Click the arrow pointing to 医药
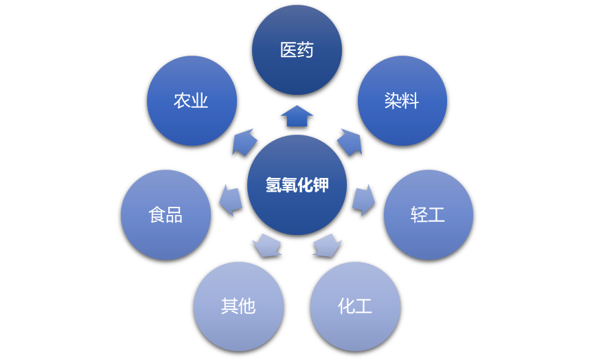[x=297, y=116]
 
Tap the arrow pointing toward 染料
[x=350, y=142]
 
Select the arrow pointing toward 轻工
[x=363, y=199]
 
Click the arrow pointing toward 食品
[x=231, y=199]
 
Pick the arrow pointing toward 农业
[x=244, y=142]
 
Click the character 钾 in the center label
[x=321, y=185]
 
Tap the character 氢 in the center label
[x=273, y=185]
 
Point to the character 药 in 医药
[x=306, y=49]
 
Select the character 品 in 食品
[x=174, y=215]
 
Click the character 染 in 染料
[x=393, y=101]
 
